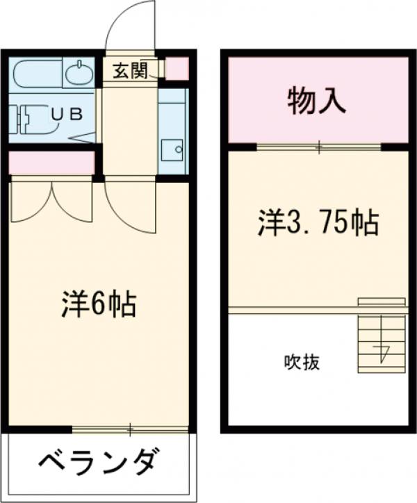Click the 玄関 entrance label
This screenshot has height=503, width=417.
130,70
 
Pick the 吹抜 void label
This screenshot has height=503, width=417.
302,362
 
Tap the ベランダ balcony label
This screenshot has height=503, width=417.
97,461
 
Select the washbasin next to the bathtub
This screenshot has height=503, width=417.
78,72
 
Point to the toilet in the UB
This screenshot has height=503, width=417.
31,118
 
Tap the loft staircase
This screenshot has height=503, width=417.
381,336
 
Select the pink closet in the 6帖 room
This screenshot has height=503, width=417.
51,163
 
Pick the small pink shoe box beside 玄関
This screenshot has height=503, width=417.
177,68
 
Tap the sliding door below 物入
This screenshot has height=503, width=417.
319,147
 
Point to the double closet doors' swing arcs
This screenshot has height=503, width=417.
52,201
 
